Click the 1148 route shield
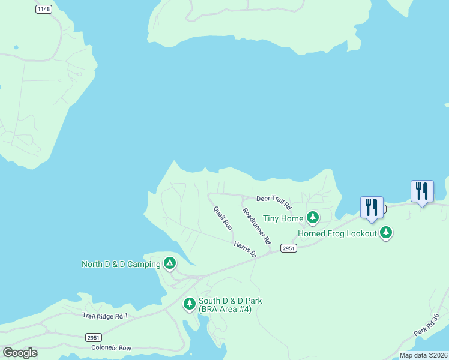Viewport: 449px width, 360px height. (x=43, y=9)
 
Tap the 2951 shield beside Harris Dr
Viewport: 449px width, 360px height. (x=289, y=248)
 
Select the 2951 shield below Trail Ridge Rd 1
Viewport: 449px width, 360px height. (x=93, y=337)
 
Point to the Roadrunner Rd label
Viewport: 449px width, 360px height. (x=257, y=230)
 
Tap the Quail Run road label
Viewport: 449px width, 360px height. (x=223, y=218)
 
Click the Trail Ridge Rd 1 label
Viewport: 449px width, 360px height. (x=106, y=316)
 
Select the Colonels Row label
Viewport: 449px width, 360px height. (x=111, y=347)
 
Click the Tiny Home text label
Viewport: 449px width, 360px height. (x=283, y=218)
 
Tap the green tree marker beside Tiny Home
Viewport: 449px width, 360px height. (x=312, y=217)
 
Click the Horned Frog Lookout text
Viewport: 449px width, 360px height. (x=337, y=233)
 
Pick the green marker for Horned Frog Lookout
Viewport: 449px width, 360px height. (x=386, y=232)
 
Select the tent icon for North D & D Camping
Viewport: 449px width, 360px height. (x=170, y=263)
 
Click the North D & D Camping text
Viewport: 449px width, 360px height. (x=121, y=264)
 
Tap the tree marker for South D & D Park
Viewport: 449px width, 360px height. (x=190, y=304)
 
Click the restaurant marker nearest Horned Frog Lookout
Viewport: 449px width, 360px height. (x=372, y=208)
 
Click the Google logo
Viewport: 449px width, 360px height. (x=20, y=353)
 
